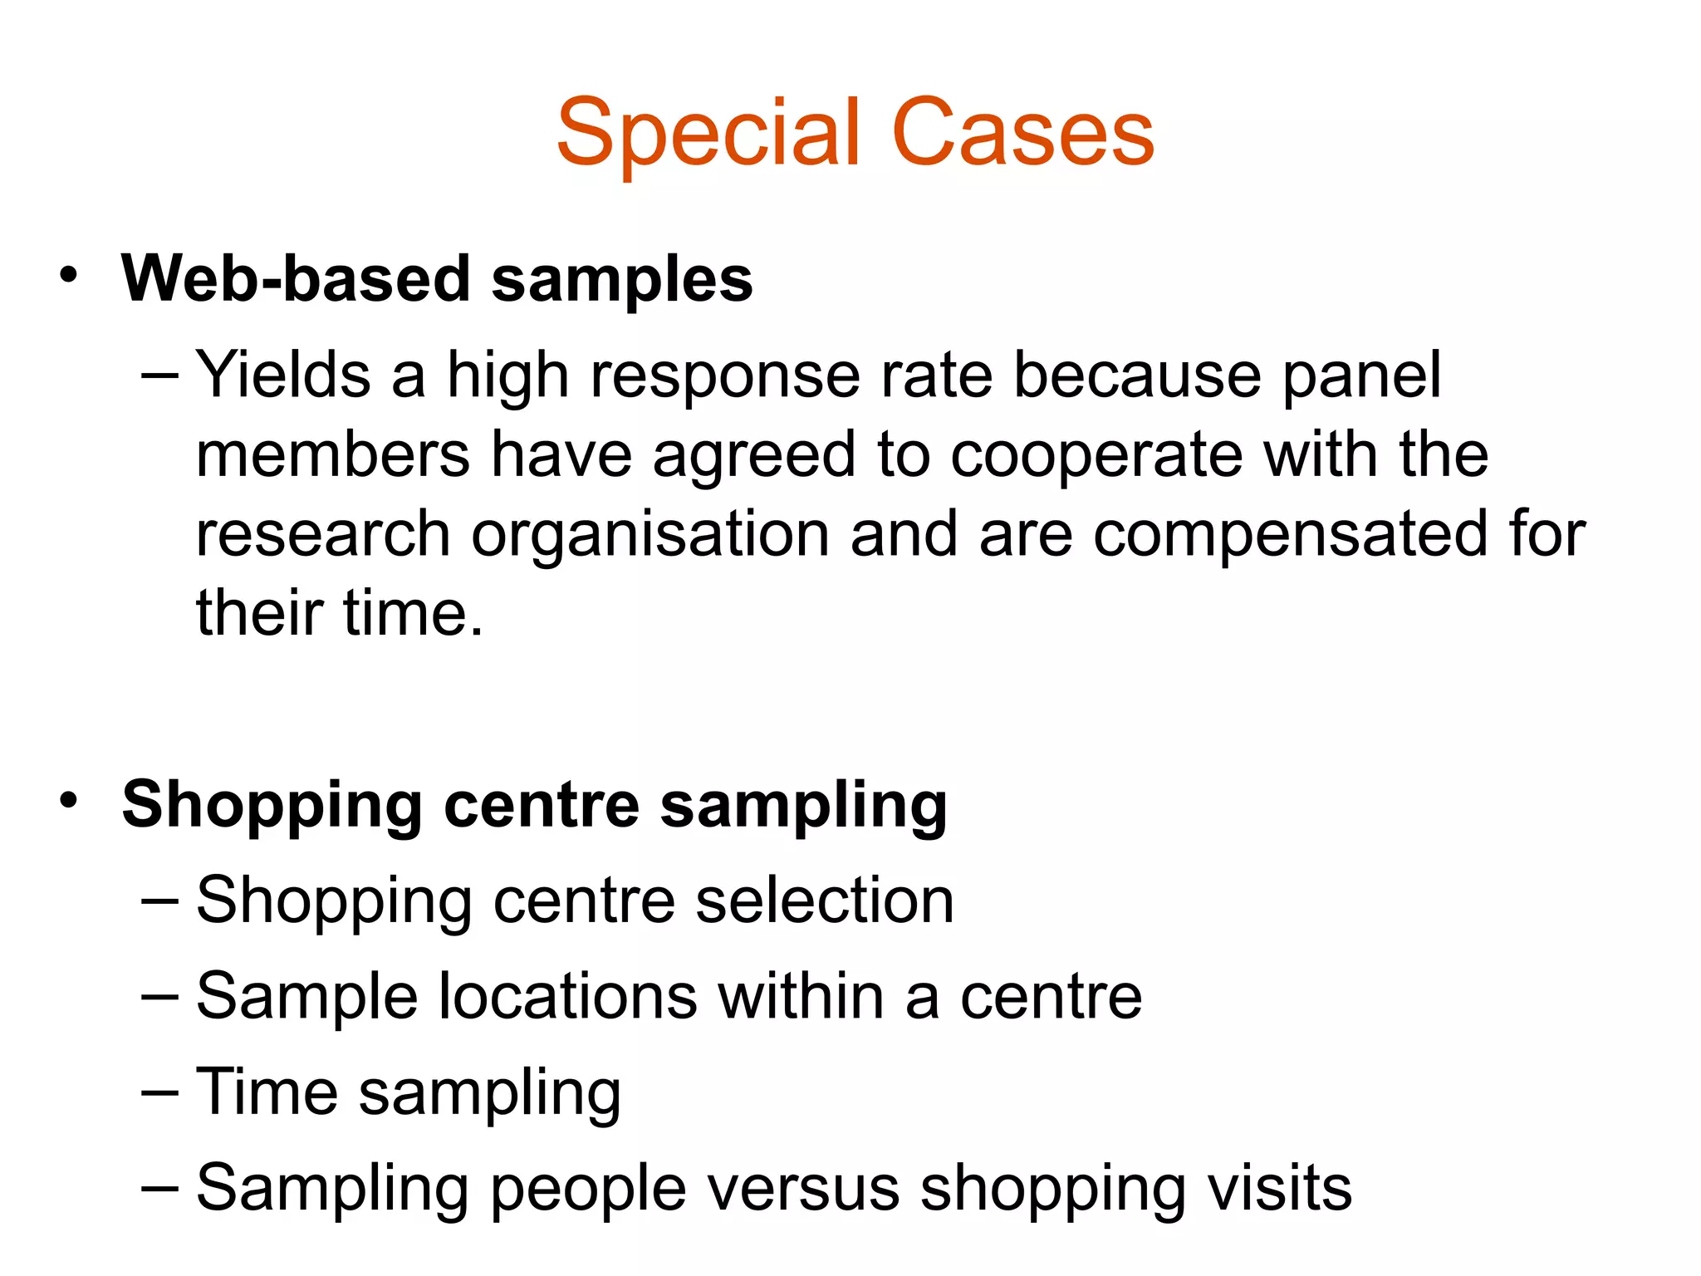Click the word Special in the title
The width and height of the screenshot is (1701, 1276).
click(708, 133)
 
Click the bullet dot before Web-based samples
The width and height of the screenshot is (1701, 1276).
click(69, 275)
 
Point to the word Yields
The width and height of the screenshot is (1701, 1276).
click(283, 375)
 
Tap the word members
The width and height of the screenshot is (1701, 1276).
click(333, 455)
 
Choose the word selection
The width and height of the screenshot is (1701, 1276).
click(825, 901)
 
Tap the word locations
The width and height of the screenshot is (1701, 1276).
click(567, 996)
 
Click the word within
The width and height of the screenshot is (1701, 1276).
click(801, 996)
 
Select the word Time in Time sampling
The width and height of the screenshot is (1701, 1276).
click(267, 1092)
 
